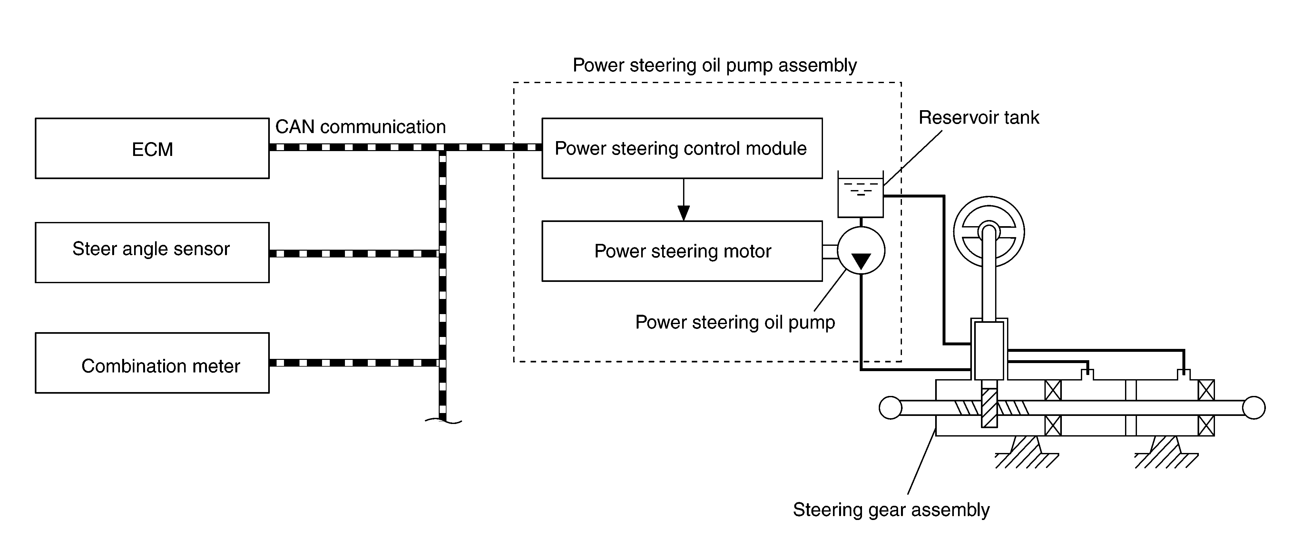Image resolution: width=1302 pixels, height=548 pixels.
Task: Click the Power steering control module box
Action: (681, 149)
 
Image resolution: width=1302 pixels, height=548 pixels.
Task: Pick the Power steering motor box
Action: (681, 251)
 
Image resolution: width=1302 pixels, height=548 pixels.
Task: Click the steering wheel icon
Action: (989, 232)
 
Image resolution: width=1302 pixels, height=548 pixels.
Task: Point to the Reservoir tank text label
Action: (979, 118)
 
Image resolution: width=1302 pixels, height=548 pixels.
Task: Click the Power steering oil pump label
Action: (735, 322)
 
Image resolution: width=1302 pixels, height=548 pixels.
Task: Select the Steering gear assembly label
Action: (891, 510)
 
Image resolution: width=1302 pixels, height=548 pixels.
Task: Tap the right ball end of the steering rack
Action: (1253, 408)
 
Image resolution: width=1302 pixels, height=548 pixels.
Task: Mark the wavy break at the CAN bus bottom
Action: (443, 420)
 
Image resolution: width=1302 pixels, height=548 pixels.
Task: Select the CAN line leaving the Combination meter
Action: (354, 363)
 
